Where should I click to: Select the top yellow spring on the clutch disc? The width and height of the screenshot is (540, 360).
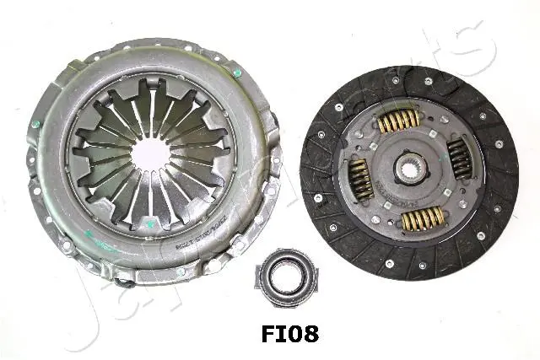pyautogui.click(x=399, y=122)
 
